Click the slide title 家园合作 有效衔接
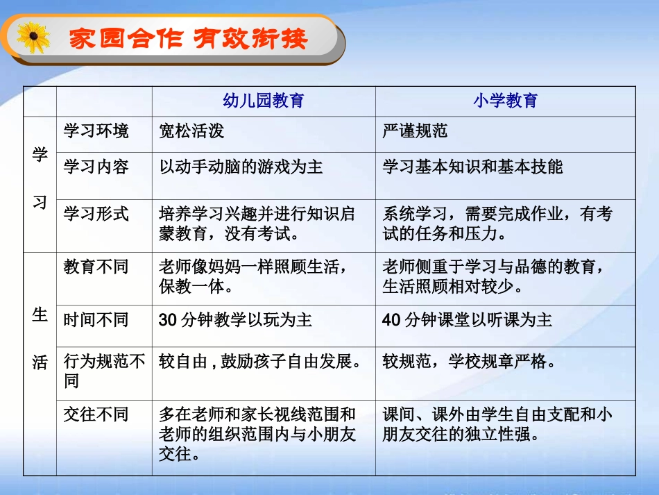tap(188, 38)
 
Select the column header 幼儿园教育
tap(263, 101)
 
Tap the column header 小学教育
tap(505, 101)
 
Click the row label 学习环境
tap(96, 131)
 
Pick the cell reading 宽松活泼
tap(191, 131)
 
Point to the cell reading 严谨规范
tap(415, 131)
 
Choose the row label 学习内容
tap(96, 167)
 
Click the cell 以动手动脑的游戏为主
tap(241, 167)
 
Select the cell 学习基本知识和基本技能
tap(472, 167)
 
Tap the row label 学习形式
tap(96, 213)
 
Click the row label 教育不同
tap(96, 267)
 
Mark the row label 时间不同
tap(96, 320)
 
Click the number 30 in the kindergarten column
tap(169, 320)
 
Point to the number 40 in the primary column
tap(392, 320)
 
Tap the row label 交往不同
tap(96, 415)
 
